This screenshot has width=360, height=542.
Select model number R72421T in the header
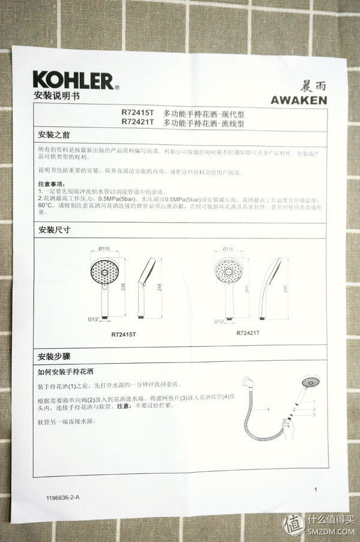coord(137,122)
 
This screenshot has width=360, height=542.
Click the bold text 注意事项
coord(52,183)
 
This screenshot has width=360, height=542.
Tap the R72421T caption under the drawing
coord(248,333)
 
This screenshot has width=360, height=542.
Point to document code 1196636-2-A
coord(62,498)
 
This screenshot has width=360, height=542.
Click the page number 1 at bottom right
coord(315,490)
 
